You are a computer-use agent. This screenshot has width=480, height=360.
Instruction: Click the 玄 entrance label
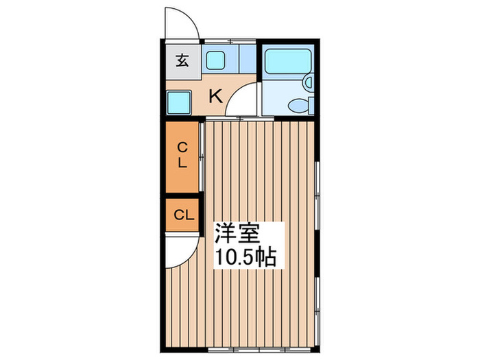pyautogui.click(x=182, y=60)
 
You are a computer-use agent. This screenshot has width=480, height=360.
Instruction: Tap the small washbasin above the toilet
pyautogui.click(x=309, y=83)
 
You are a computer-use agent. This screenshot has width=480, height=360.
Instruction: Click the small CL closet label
pyautogui.click(x=182, y=215)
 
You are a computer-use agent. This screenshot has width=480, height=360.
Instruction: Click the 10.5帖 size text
pyautogui.click(x=247, y=258)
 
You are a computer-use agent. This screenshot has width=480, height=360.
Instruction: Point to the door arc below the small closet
pyautogui.click(x=180, y=252)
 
